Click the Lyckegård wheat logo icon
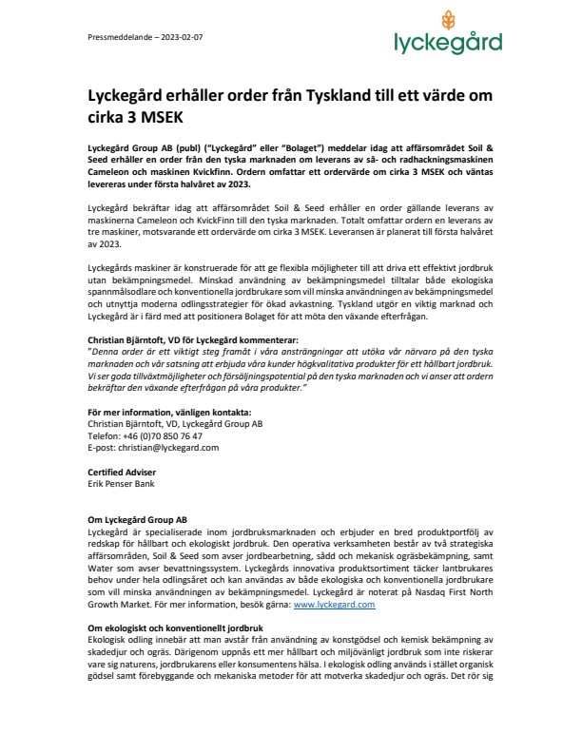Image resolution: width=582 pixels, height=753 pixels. pyautogui.click(x=448, y=22)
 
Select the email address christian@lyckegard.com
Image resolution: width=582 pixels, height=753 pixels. pyautogui.click(x=164, y=446)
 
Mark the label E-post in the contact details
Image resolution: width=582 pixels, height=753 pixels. pyautogui.click(x=99, y=446)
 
